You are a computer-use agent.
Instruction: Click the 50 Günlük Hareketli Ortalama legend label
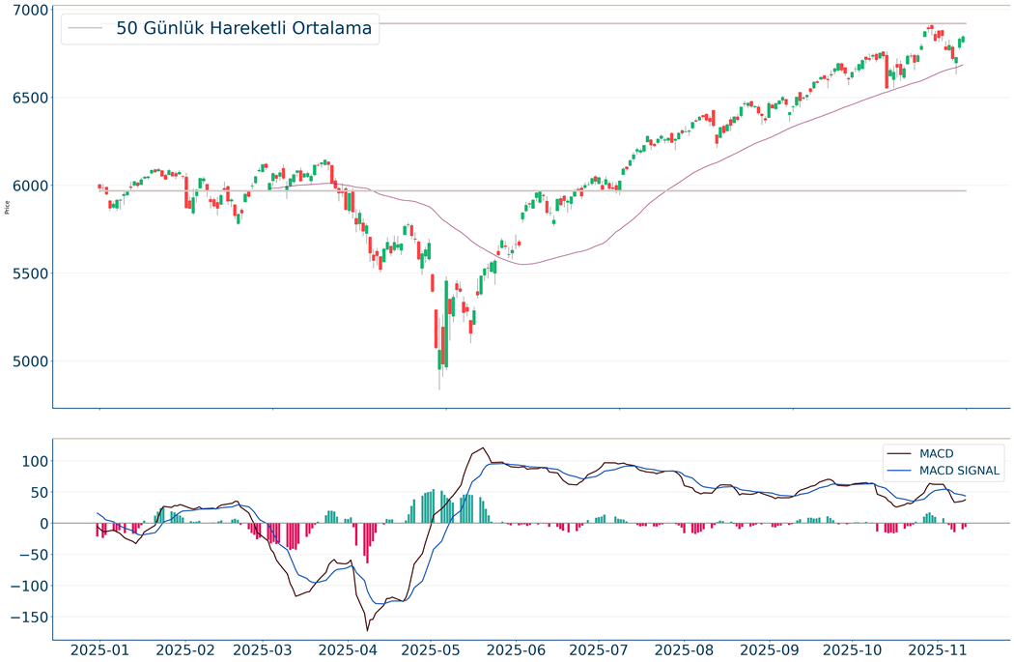point(243,29)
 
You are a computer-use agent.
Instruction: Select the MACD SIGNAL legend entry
point(960,471)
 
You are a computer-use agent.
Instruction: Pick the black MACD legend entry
point(936,453)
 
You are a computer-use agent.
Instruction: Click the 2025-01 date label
point(99,649)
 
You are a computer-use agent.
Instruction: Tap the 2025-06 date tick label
point(528,649)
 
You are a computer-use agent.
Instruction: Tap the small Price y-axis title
point(8,207)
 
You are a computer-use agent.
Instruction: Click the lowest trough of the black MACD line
point(367,630)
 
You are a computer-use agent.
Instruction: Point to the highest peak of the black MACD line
point(482,448)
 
